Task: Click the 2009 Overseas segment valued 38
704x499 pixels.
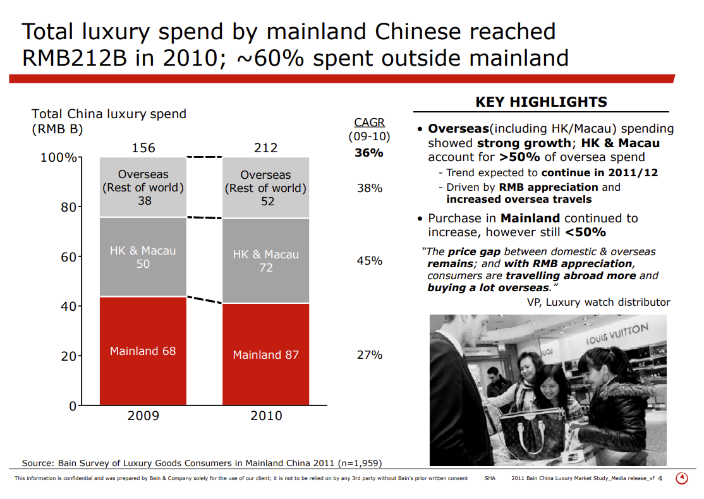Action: (143, 188)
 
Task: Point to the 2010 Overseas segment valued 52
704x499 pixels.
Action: (266, 188)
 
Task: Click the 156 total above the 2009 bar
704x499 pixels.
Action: (143, 148)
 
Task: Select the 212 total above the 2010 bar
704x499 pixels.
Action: (266, 148)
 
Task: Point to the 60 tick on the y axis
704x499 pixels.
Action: (68, 256)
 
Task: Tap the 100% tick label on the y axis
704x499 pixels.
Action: (58, 157)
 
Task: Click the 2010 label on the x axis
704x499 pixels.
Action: (266, 416)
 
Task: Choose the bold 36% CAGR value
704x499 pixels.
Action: (369, 152)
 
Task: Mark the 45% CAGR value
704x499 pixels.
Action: (370, 260)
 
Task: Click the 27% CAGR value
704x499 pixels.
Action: (370, 354)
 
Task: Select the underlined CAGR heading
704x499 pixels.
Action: (369, 123)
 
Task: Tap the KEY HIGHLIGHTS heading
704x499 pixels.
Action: (541, 102)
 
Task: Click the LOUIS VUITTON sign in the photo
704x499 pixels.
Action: (617, 334)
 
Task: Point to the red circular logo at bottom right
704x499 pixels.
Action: (682, 478)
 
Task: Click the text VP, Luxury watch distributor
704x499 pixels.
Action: (598, 302)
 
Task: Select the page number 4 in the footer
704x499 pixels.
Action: (660, 478)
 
